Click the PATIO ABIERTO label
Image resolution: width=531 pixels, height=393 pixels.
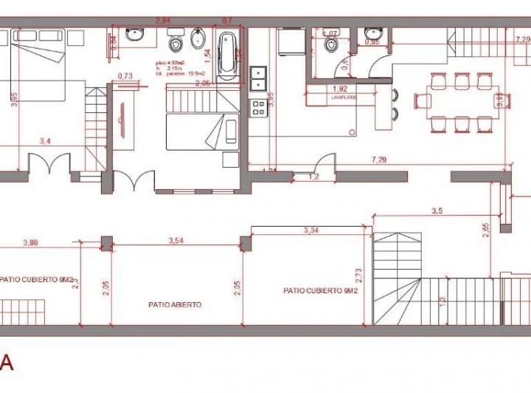pyautogui.click(x=175, y=304)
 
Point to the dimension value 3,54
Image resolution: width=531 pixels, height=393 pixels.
pyautogui.click(x=176, y=241)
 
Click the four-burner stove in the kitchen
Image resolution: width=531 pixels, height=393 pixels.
pyautogui.click(x=259, y=109)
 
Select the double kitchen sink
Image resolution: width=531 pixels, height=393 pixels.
pyautogui.click(x=258, y=78)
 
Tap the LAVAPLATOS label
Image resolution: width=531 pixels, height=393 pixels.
pyautogui.click(x=345, y=96)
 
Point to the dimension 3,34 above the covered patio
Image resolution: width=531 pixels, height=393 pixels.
pyautogui.click(x=312, y=231)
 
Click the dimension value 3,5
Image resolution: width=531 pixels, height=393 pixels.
pyautogui.click(x=436, y=211)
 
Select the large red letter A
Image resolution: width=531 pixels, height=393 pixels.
pyautogui.click(x=7, y=363)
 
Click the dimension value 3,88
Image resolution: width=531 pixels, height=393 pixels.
pyautogui.click(x=31, y=242)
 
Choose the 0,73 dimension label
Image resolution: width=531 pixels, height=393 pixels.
pyautogui.click(x=125, y=75)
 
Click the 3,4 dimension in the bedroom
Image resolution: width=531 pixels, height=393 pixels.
pyautogui.click(x=46, y=142)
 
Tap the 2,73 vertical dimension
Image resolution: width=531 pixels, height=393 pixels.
pyautogui.click(x=359, y=274)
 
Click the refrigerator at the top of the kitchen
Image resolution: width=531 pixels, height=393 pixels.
pyautogui.click(x=288, y=41)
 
